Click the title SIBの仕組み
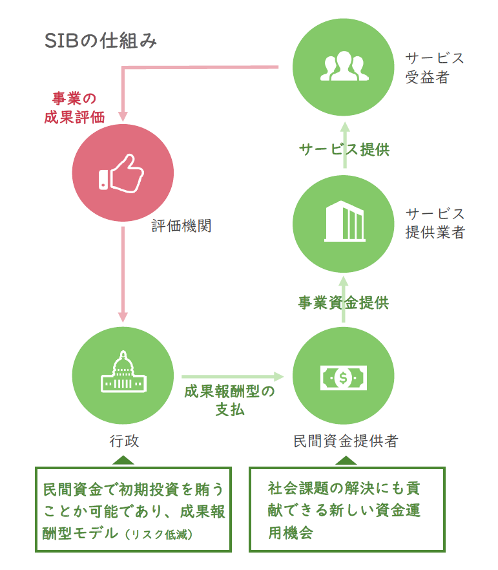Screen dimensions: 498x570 tap(101, 40)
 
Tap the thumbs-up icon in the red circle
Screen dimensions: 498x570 tap(121, 173)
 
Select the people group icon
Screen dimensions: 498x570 tap(344, 66)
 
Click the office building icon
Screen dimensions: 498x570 tap(344, 221)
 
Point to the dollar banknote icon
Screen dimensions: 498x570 tap(343, 378)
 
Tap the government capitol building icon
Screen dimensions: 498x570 tap(123, 372)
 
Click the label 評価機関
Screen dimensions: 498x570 tap(182, 226)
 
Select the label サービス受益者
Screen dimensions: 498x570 tap(435, 68)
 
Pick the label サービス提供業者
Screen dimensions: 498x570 tap(435, 223)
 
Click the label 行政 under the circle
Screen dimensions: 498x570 tap(124, 441)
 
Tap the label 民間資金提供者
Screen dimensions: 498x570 tap(346, 441)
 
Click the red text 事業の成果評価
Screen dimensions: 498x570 tap(74, 108)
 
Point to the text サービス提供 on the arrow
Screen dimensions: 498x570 tap(344, 149)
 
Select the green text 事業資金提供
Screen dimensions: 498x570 tap(344, 302)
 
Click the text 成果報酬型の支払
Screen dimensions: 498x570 tap(229, 401)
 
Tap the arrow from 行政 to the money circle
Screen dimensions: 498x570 tap(233, 377)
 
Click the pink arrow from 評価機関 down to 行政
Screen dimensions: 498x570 tap(123, 275)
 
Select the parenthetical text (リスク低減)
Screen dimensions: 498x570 tap(159, 534)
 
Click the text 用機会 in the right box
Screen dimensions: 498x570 tap(291, 533)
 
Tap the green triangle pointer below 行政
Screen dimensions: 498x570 tap(123, 460)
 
